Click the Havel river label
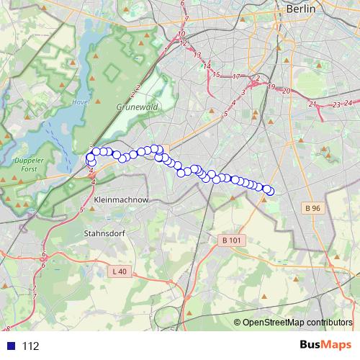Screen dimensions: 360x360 [80, 102]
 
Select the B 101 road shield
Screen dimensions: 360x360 [230, 240]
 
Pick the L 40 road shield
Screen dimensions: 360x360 [120, 271]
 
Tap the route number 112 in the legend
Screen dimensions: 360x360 [30, 346]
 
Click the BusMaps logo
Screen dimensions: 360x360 [325, 346]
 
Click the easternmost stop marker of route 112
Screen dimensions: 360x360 [270, 191]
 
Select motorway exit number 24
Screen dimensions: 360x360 [349, 102]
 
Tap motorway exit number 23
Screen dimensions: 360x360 [336, 105]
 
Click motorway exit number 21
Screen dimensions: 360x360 [312, 104]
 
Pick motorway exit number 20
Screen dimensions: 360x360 [286, 91]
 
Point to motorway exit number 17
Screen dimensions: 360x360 [237, 76]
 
